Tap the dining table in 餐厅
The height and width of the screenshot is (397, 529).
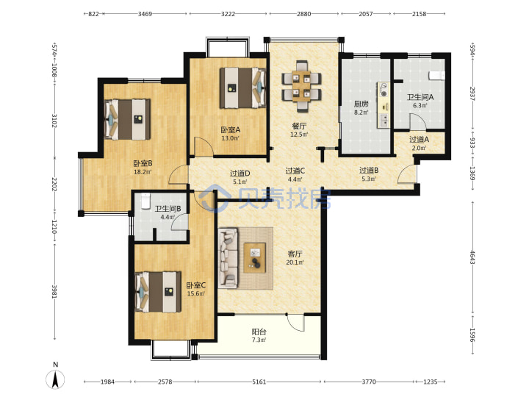(x=301, y=86)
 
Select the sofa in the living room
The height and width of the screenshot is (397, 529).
(x=228, y=258)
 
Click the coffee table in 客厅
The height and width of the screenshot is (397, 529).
(x=255, y=257)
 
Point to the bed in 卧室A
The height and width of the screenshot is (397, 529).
(x=242, y=87)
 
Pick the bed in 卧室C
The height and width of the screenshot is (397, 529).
(x=158, y=292)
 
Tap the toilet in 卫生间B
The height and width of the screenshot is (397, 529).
(x=145, y=201)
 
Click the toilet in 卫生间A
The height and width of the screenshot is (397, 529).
(x=437, y=76)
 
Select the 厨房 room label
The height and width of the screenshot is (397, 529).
(x=361, y=104)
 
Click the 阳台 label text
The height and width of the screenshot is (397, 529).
(x=259, y=332)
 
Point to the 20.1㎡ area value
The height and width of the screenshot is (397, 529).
(x=295, y=262)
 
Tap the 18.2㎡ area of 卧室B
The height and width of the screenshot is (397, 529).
(x=143, y=172)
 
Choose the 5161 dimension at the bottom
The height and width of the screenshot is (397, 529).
(x=259, y=382)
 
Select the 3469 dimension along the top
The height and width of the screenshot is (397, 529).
(x=145, y=14)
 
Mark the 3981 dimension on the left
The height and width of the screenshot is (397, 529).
(x=54, y=291)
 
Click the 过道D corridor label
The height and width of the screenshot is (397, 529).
(x=240, y=174)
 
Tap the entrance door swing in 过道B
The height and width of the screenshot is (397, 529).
(x=406, y=174)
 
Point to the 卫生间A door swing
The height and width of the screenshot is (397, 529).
(x=417, y=121)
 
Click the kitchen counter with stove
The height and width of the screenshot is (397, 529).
(x=384, y=105)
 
